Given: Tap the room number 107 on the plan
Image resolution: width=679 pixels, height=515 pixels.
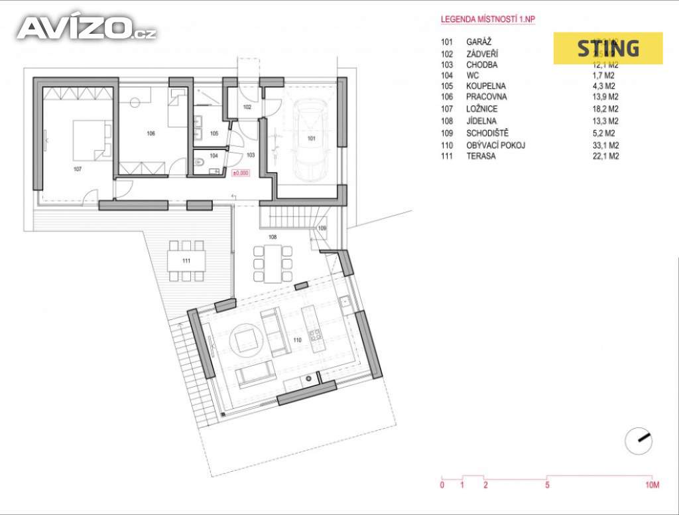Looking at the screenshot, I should pyautogui.click(x=78, y=169).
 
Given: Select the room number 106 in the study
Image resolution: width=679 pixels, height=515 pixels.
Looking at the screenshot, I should pyautogui.click(x=151, y=133).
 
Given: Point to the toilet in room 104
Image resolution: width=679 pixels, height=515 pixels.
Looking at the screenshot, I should pyautogui.click(x=200, y=161).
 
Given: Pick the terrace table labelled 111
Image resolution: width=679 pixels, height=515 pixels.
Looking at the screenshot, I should pyautogui.click(x=186, y=259).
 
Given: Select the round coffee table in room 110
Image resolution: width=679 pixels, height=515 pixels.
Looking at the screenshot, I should pyautogui.click(x=245, y=339).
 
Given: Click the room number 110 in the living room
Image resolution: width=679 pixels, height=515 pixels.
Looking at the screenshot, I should pyautogui.click(x=298, y=340).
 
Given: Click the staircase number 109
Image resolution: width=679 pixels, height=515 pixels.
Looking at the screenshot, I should pyautogui.click(x=322, y=228).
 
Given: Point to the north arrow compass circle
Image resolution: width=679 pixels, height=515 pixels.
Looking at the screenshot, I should pyautogui.click(x=639, y=441).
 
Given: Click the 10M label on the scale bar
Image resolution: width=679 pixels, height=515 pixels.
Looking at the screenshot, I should pyautogui.click(x=652, y=486).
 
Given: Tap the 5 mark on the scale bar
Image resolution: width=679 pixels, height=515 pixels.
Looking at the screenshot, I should pyautogui.click(x=546, y=486).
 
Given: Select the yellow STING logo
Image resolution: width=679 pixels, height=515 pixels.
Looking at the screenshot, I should pyautogui.click(x=608, y=48).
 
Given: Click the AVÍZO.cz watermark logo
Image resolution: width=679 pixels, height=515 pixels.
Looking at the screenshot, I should pyautogui.click(x=86, y=28).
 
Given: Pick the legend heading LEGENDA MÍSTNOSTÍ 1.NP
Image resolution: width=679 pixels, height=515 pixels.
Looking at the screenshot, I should pyautogui.click(x=488, y=19).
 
